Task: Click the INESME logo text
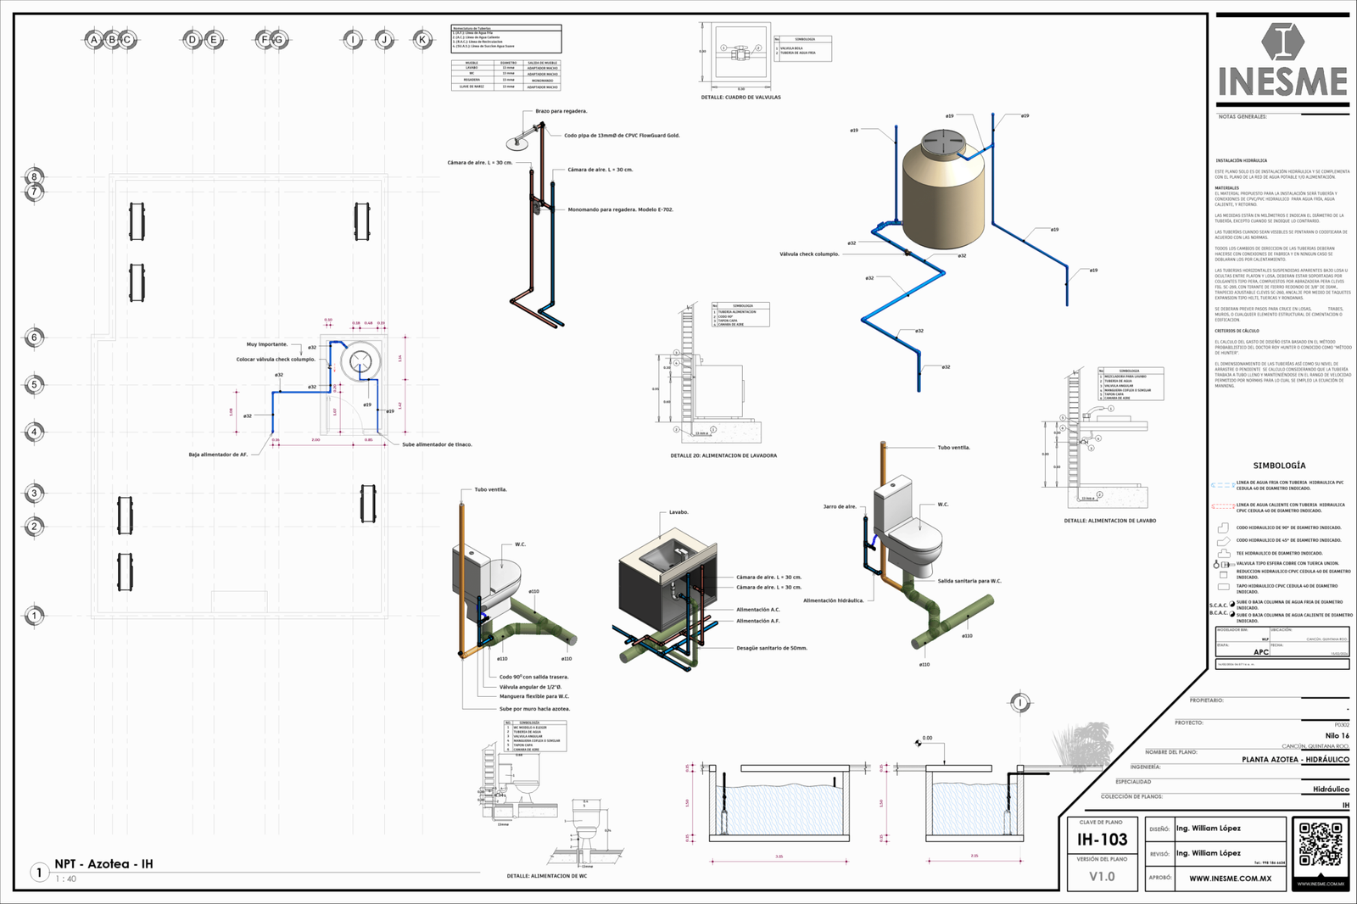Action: pyautogui.click(x=1282, y=82)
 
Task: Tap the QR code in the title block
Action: pyautogui.click(x=1321, y=845)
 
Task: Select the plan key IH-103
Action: pyautogui.click(x=1102, y=840)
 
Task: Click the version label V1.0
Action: pyautogui.click(x=1102, y=877)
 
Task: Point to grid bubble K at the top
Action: pyautogui.click(x=422, y=39)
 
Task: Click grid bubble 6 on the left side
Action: pyautogui.click(x=35, y=338)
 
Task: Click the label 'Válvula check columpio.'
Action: pyautogui.click(x=809, y=254)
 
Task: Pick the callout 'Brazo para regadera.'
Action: pyautogui.click(x=561, y=111)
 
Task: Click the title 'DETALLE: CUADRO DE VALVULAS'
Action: pyautogui.click(x=740, y=98)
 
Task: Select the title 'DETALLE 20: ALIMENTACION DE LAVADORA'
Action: pyautogui.click(x=723, y=455)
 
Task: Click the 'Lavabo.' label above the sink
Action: pyautogui.click(x=678, y=512)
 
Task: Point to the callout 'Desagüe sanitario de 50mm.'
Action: pyautogui.click(x=772, y=648)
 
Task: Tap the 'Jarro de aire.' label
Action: pyautogui.click(x=840, y=506)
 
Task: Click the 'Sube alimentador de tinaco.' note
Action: pyautogui.click(x=437, y=444)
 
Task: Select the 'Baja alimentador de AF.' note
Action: pyautogui.click(x=218, y=455)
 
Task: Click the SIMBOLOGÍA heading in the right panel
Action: pyautogui.click(x=1279, y=466)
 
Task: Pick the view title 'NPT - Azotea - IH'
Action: pyautogui.click(x=103, y=864)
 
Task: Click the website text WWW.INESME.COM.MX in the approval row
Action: pyautogui.click(x=1230, y=879)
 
